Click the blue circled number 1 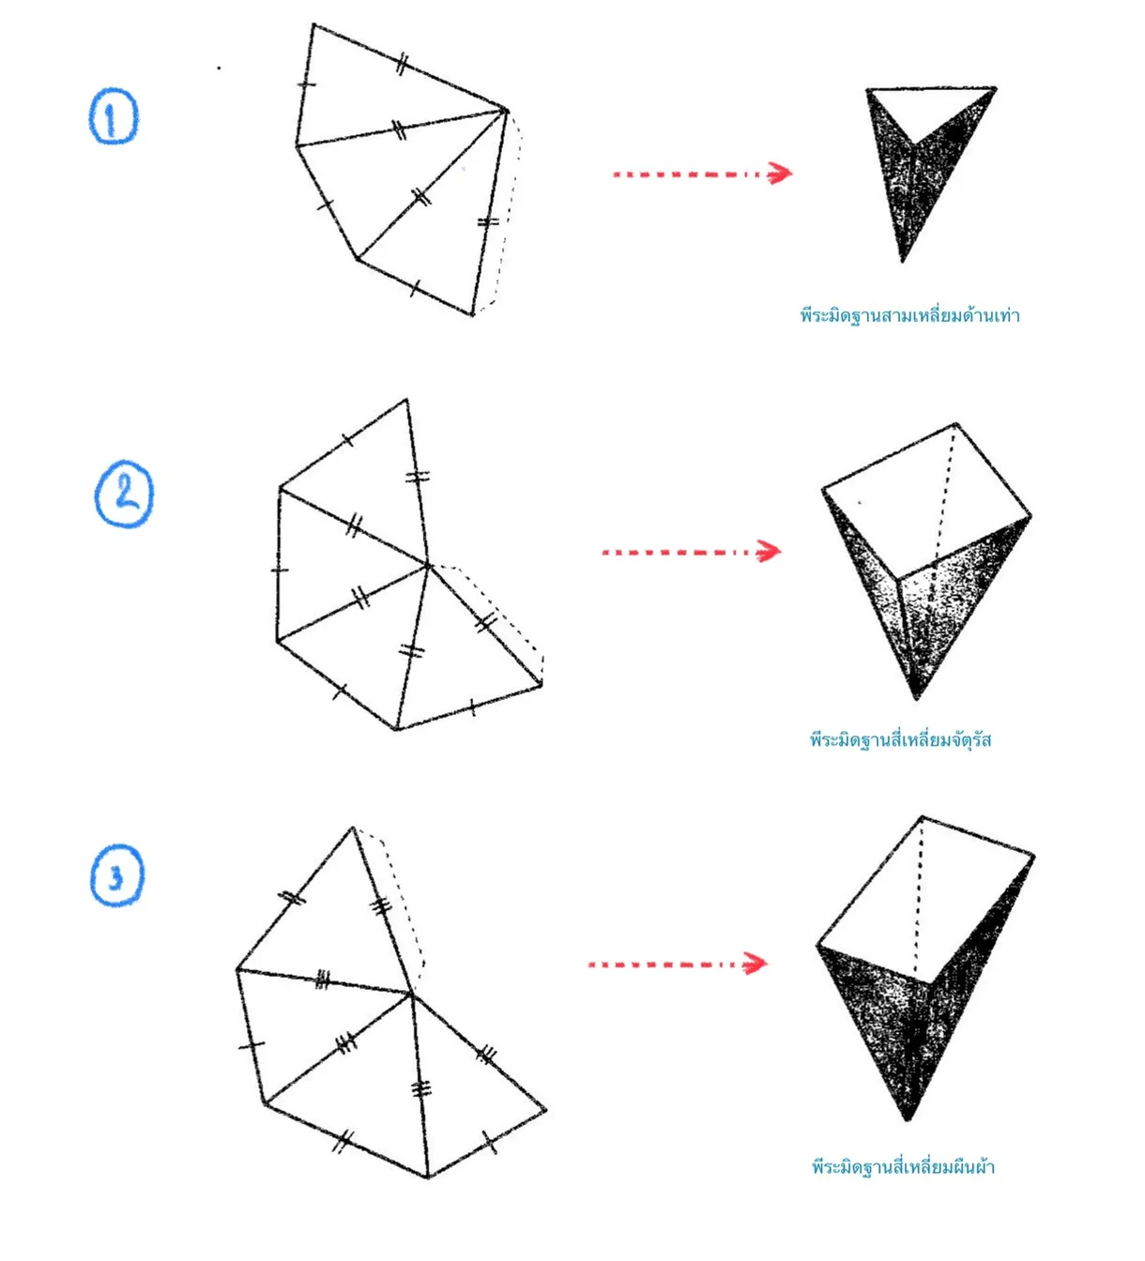[113, 116]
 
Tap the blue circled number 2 [124, 494]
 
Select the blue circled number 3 [117, 875]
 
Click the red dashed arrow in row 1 [702, 174]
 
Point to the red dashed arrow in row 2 [691, 552]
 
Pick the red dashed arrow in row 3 [678, 963]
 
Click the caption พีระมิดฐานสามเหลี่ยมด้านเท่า [909, 315]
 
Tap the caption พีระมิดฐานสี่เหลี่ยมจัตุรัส [900, 740]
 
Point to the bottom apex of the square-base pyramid [916, 698]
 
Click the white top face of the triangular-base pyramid [929, 107]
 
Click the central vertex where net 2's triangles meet [428, 565]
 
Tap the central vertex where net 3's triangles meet [411, 994]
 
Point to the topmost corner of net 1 [313, 24]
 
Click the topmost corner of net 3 [353, 828]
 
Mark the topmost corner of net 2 [406, 399]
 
